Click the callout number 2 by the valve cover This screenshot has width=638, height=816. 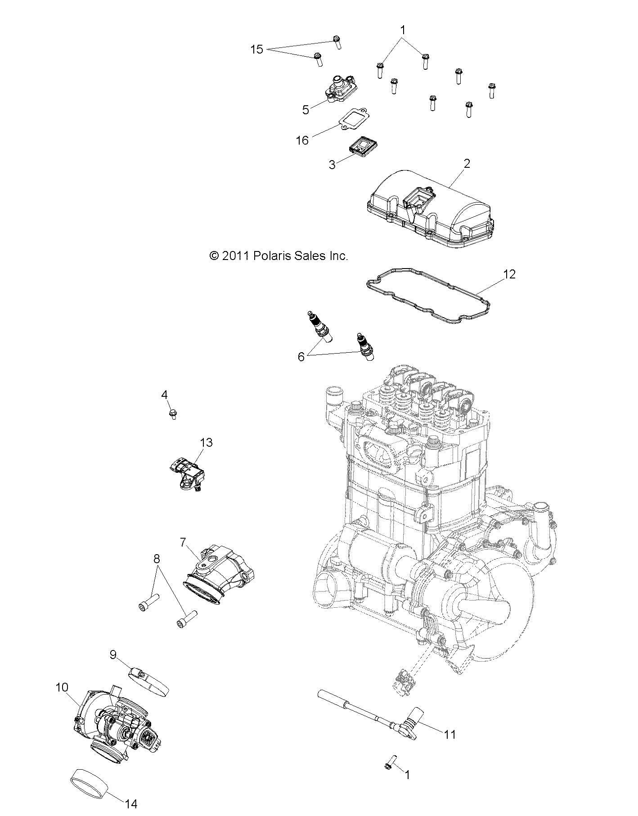[x=467, y=163]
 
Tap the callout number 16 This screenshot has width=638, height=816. [x=302, y=140]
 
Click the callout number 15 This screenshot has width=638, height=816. [x=256, y=49]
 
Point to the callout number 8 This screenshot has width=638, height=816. [x=157, y=559]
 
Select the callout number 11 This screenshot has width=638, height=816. [x=450, y=734]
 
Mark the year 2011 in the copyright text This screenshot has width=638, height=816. [x=236, y=256]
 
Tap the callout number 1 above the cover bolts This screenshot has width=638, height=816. [x=403, y=30]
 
